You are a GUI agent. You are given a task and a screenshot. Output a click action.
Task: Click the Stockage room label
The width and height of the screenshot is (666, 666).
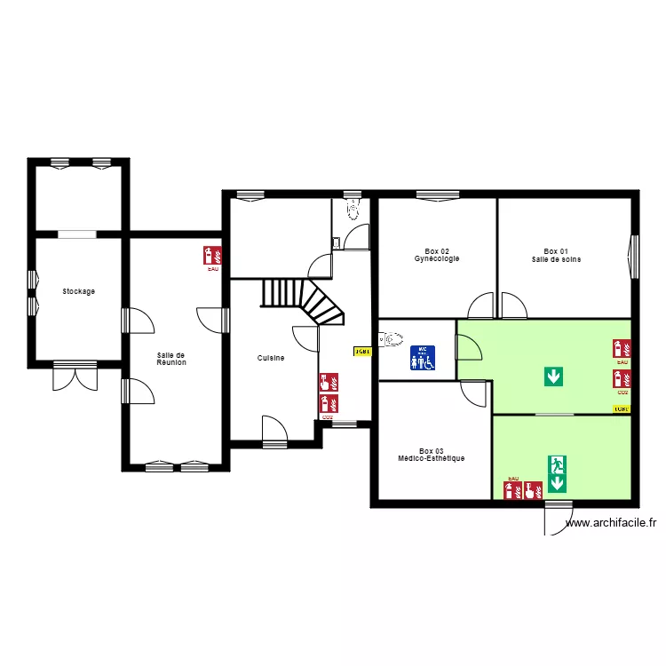coord(78,291)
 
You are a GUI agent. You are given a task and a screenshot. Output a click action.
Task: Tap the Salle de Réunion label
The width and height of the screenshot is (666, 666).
coord(171,359)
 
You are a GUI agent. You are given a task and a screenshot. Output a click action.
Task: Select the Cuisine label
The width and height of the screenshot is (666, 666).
coord(271,358)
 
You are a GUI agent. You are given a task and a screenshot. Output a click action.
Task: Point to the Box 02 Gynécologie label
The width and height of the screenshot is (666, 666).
coord(436,255)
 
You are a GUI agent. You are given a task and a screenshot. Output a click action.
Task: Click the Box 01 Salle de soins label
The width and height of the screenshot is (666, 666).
coord(556,255)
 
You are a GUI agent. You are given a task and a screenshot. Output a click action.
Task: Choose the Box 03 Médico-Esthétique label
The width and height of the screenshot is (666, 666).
coord(432,455)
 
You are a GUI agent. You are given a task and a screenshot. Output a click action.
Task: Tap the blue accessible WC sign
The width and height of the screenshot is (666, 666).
coord(423,357)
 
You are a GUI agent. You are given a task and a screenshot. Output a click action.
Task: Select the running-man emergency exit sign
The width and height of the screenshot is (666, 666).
coord(557,464)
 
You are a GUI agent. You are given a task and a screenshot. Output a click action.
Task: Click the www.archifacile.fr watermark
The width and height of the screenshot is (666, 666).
coord(610,523)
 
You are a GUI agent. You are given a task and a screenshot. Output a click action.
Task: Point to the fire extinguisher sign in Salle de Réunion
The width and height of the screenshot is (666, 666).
coord(211,255)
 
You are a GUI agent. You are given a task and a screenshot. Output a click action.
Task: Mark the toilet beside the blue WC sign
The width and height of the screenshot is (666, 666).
coord(390,338)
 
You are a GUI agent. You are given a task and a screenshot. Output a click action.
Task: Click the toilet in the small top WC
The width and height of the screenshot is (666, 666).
coord(353,210)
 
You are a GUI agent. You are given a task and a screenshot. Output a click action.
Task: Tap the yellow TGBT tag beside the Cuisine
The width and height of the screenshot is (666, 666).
coord(362,352)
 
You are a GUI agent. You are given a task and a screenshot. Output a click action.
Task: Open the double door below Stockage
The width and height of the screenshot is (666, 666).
coord(75,377)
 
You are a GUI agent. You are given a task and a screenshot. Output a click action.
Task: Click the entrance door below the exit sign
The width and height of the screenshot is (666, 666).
coord(559,519)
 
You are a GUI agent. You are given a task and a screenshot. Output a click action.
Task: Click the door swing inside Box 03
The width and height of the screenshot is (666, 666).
coord(475,392)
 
